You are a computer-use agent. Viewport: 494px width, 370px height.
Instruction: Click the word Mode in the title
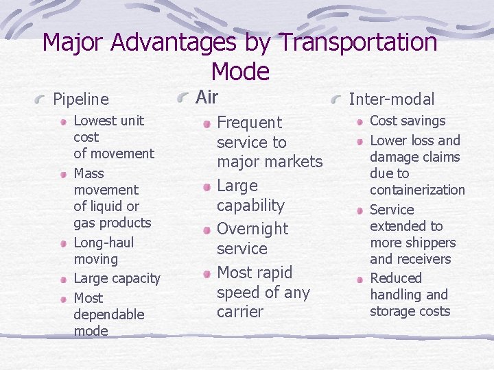coord(240,71)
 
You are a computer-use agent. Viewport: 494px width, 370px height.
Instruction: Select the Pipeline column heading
coord(81,99)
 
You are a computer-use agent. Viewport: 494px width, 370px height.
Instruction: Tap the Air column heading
coord(207,97)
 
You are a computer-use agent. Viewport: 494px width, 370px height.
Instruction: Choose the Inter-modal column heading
coord(391,99)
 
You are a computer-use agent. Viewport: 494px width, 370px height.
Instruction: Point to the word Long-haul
coord(104,243)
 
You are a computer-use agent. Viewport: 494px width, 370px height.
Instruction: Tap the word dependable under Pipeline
coord(108,314)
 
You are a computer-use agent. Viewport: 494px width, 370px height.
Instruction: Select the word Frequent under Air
coord(249,123)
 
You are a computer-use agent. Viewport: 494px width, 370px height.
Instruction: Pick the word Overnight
coord(252,229)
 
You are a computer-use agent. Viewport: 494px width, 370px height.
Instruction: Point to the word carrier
coord(239,312)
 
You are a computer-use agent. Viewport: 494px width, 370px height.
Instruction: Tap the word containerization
coord(417,190)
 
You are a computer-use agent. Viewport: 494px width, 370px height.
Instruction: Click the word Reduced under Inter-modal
coord(396,278)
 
